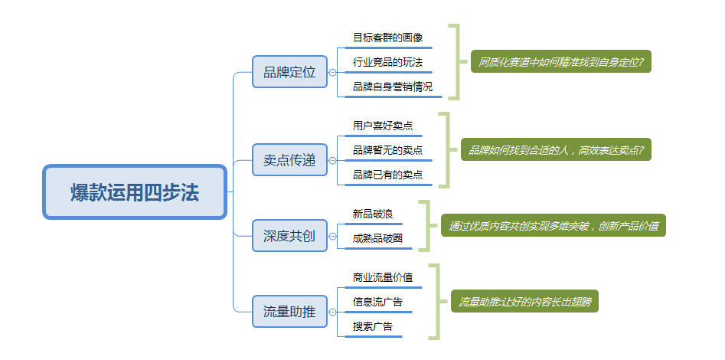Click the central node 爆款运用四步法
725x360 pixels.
pos(135,192)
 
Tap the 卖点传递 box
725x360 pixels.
pos(289,160)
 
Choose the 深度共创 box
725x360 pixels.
pos(289,236)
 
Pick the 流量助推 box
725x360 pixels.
pos(289,311)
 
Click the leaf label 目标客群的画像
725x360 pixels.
pos(387,37)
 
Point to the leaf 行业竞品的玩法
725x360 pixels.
pos(387,61)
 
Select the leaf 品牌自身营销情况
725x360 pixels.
pos(393,87)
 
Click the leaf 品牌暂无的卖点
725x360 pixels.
pos(387,149)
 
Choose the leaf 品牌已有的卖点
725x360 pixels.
pos(387,175)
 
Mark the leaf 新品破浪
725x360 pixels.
pos(372,213)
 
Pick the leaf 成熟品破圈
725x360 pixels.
pos(377,238)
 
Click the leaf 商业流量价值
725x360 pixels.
pos(383,277)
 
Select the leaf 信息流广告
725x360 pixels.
pos(377,301)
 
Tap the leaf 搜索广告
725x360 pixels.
pos(372,326)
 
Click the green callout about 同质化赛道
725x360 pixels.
pos(560,61)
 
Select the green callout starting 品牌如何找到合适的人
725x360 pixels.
pos(556,149)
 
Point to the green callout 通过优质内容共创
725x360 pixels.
pos(553,225)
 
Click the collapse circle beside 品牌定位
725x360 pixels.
pos(332,73)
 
